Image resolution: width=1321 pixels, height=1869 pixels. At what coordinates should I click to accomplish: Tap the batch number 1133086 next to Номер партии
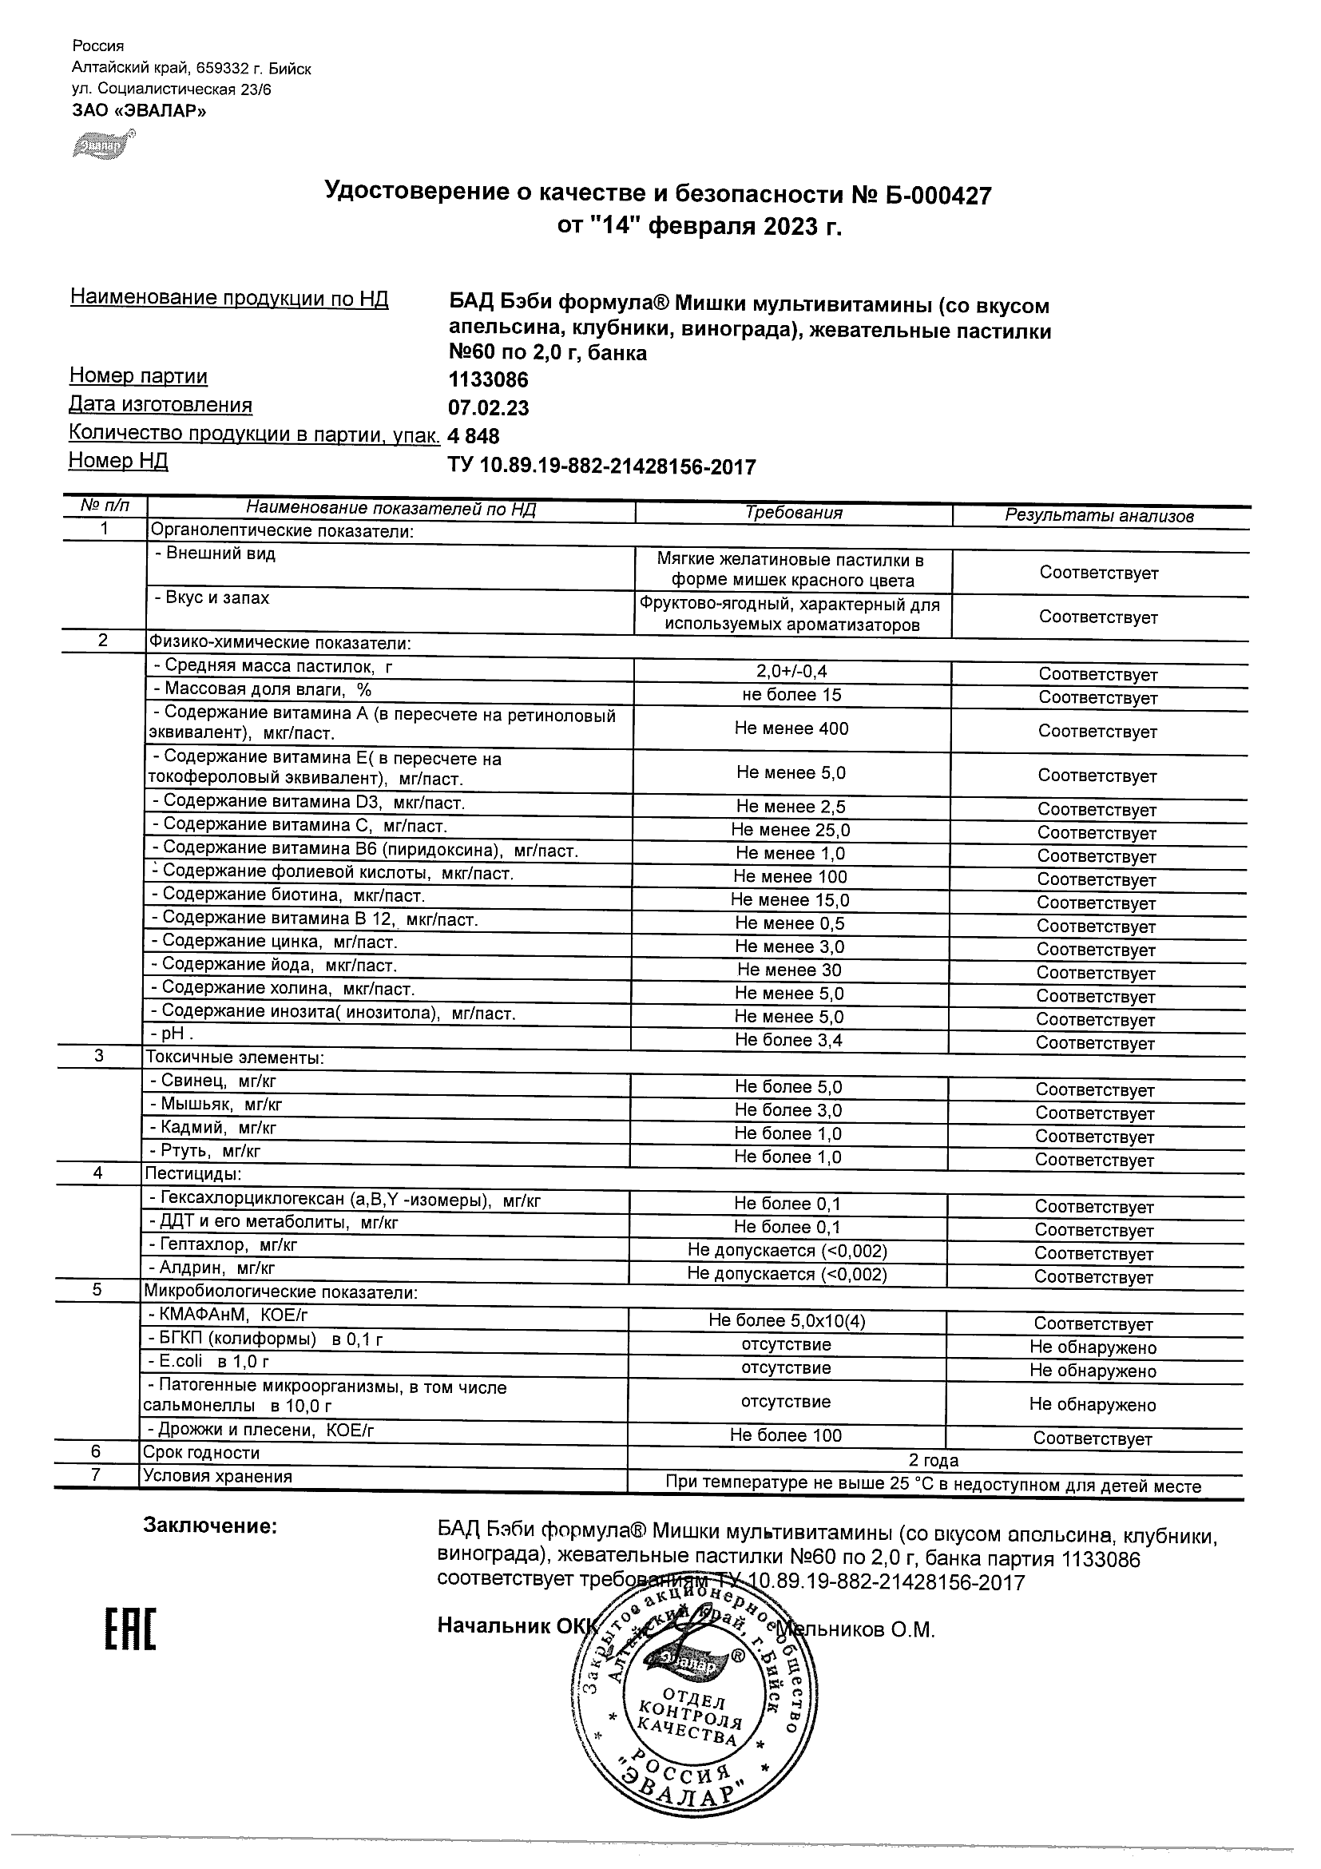pos(488,380)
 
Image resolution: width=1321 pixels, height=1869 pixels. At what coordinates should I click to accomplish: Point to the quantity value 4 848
pos(473,436)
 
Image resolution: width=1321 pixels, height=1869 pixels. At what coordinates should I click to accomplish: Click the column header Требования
pos(794,513)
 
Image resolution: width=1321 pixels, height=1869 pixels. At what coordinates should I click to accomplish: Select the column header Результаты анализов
pos(1099,515)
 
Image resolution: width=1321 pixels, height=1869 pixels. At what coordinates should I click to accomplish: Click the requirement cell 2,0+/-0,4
pos(791,672)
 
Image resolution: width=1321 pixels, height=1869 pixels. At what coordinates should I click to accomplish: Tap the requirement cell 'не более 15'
pos(791,694)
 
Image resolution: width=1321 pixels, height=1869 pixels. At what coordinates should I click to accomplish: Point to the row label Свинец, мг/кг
pos(213,1081)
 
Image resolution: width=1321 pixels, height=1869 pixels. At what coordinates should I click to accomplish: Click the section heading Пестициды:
pos(193,1174)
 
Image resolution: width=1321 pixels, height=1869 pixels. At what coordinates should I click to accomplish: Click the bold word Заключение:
pos(210,1526)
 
